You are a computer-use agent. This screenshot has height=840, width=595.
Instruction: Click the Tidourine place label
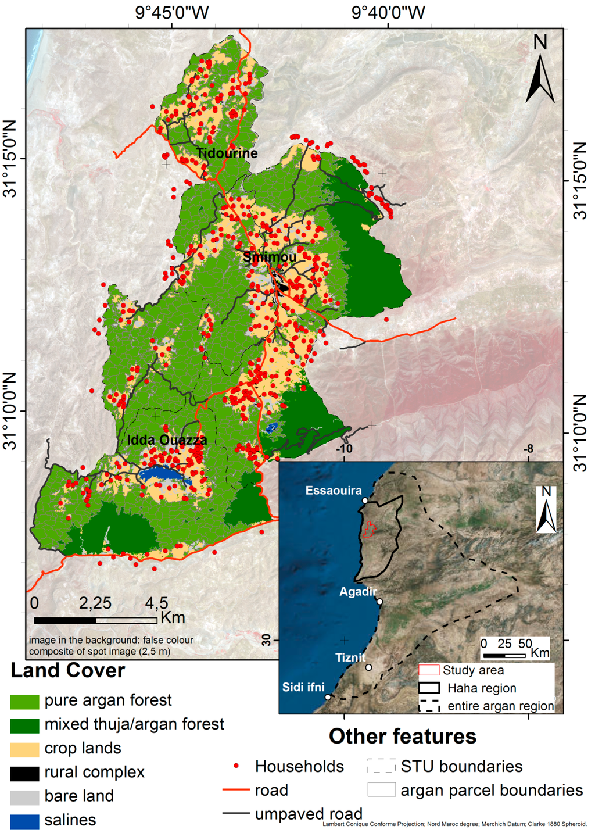(227, 153)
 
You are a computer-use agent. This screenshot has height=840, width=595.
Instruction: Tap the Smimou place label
(270, 257)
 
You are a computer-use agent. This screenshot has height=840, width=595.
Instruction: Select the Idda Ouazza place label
(167, 440)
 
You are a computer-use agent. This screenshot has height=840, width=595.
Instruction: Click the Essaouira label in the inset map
(334, 491)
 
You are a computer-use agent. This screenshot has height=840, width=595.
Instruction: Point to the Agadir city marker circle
(379, 602)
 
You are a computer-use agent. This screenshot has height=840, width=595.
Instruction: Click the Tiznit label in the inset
(350, 657)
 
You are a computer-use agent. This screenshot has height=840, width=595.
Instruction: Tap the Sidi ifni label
(303, 687)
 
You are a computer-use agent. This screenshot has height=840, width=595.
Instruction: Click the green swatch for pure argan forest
(24, 701)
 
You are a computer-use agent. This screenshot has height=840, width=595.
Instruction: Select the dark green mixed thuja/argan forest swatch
(24, 725)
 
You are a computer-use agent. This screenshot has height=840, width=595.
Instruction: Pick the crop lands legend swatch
(24, 749)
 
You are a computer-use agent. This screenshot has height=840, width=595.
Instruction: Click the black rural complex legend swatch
(24, 773)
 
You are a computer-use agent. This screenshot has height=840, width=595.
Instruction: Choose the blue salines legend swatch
(24, 821)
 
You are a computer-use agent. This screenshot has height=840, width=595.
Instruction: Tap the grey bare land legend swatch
(24, 797)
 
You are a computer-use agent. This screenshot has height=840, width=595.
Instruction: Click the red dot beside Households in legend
(236, 766)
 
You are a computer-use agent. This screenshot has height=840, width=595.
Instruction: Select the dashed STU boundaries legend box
(381, 766)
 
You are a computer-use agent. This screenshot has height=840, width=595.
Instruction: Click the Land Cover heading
(67, 670)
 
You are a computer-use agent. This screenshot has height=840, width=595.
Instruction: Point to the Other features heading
(402, 736)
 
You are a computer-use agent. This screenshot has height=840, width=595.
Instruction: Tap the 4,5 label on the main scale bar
(156, 603)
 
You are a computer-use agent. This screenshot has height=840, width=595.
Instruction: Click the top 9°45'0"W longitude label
(172, 12)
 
